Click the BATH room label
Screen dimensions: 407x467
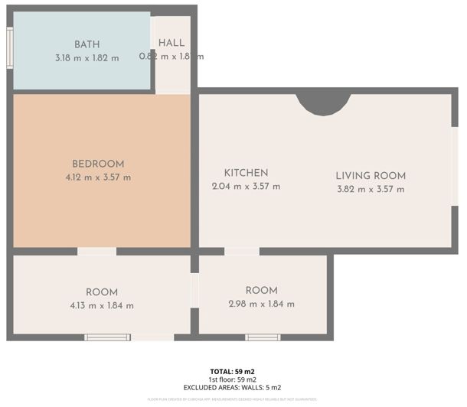[x=87, y=44]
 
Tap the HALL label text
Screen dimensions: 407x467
[x=171, y=43]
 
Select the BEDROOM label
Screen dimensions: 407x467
[x=98, y=164]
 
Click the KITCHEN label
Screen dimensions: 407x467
[x=246, y=173]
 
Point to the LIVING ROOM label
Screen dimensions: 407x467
[x=371, y=176]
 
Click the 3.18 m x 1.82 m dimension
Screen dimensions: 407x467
[x=87, y=57]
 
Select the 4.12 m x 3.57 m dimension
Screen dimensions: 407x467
[x=98, y=177]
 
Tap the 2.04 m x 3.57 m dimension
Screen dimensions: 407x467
[x=246, y=186]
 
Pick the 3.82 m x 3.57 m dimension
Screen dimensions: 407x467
[x=371, y=189]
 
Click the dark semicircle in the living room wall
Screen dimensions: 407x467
[x=323, y=103]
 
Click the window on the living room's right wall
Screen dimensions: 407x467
[x=455, y=177]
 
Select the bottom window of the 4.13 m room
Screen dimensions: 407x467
[x=108, y=337]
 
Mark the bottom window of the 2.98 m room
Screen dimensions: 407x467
[x=263, y=337]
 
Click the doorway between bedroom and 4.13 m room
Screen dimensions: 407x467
[x=96, y=251]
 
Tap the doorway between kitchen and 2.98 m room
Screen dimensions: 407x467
[x=241, y=251]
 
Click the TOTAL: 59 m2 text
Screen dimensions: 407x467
[x=233, y=371]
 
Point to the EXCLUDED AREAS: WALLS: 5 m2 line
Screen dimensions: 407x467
[x=233, y=387]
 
